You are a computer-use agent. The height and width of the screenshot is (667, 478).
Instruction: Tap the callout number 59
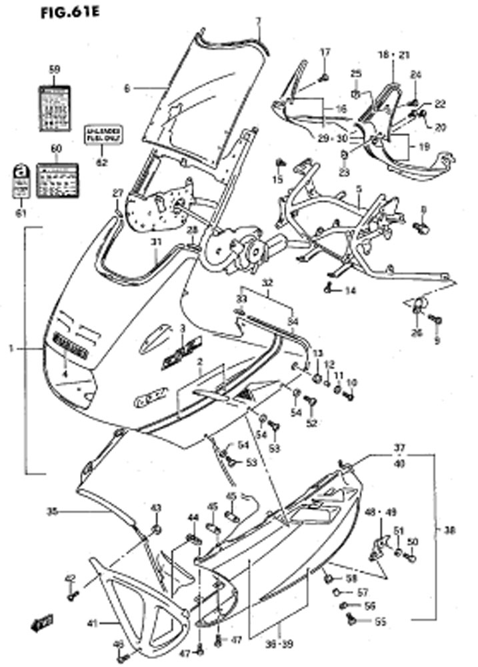click(x=55, y=69)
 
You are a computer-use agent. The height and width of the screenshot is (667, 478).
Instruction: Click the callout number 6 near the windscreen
click(x=127, y=87)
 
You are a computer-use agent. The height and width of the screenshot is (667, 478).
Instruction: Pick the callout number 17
click(x=325, y=52)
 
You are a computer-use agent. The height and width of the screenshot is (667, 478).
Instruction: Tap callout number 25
click(x=356, y=73)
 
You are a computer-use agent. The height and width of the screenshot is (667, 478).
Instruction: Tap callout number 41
click(x=93, y=624)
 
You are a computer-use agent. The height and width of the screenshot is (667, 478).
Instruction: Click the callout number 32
click(x=267, y=283)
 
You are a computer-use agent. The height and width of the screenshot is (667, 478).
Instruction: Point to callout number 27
click(x=118, y=193)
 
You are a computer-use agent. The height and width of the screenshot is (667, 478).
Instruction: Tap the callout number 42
click(x=71, y=578)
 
